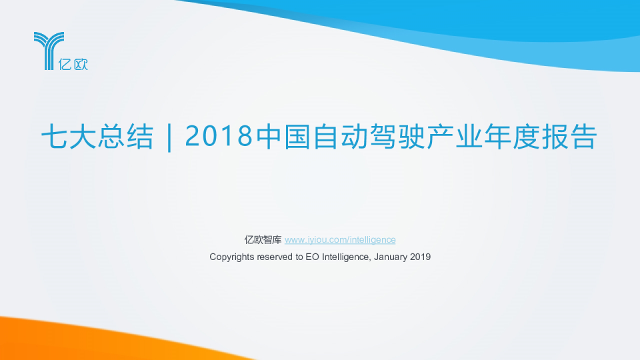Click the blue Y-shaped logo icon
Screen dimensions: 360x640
coord(48,47)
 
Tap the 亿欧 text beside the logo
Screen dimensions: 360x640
coord(73,65)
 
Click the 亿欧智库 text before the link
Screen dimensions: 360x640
coord(263,240)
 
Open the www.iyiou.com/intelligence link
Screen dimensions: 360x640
coord(340,240)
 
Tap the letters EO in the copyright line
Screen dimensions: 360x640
coord(311,257)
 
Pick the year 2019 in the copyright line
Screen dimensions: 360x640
coord(421,257)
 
